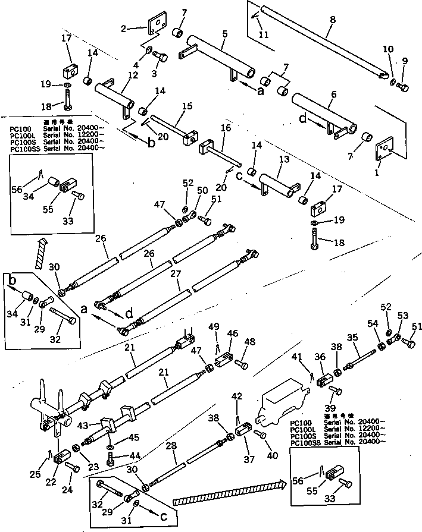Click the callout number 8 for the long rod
point(332,20)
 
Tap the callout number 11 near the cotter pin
point(264,35)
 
